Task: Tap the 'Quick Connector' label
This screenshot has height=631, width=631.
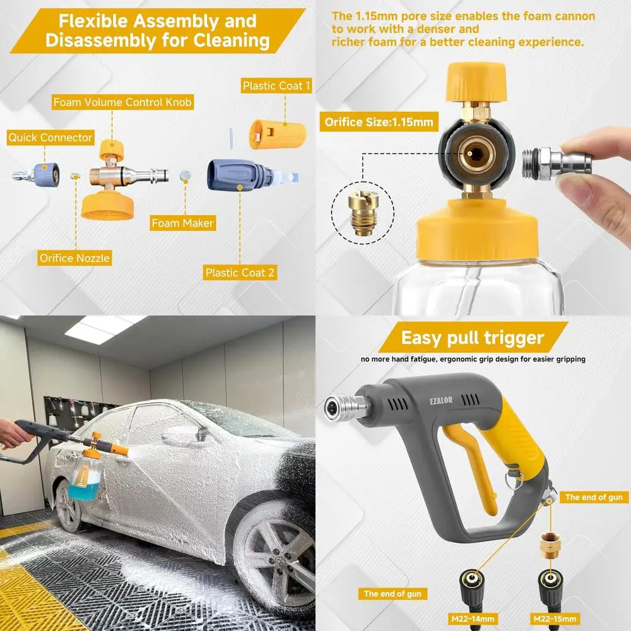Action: pos(50,138)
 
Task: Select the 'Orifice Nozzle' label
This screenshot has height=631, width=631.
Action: pos(74,257)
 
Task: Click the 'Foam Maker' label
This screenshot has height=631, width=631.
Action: pos(183,223)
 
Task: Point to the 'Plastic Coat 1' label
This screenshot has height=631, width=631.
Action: pos(276,86)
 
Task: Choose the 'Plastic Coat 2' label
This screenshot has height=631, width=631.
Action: pos(240,273)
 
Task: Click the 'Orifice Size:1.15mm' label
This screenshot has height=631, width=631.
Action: pos(379,122)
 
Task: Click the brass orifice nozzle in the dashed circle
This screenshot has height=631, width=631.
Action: pos(362,215)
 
